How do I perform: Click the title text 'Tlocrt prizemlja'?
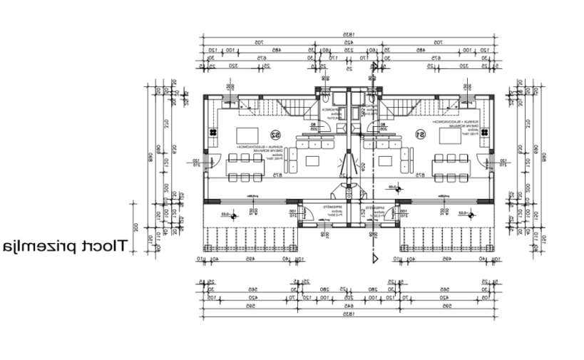click(x=65, y=247)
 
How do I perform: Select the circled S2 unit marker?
click(x=275, y=134)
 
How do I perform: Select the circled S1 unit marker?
click(x=421, y=134)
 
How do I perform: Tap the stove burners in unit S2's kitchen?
click(x=212, y=133)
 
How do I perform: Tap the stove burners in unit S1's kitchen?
click(x=483, y=133)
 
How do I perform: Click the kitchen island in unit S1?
click(x=449, y=135)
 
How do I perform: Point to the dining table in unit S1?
click(x=451, y=168)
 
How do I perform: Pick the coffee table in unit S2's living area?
click(x=310, y=159)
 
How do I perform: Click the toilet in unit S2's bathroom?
click(x=324, y=98)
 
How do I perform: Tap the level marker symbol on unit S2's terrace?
click(x=225, y=213)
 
